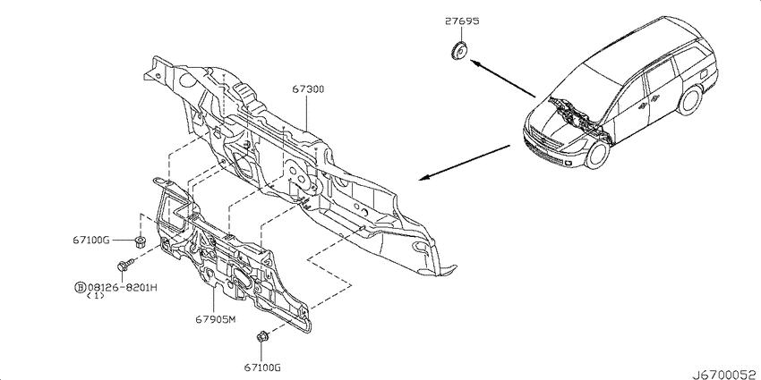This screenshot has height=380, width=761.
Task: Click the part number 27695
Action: [462, 21]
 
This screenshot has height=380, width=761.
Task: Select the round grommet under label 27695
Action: [458, 51]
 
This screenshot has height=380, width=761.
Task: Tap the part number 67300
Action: [308, 89]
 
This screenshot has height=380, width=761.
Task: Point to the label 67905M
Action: [216, 319]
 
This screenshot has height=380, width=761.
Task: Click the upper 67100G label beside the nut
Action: [91, 240]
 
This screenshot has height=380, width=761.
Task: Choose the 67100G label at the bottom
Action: [262, 367]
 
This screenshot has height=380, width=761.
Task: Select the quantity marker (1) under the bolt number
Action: [95, 296]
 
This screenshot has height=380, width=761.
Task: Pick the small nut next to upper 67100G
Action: [141, 241]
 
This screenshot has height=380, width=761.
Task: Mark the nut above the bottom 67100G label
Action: [262, 336]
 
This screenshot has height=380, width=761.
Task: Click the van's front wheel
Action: [597, 152]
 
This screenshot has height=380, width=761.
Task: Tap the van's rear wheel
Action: [690, 100]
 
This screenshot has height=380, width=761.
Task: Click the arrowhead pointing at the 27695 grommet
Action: [475, 62]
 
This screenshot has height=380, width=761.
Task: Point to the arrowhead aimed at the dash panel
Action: [423, 178]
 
